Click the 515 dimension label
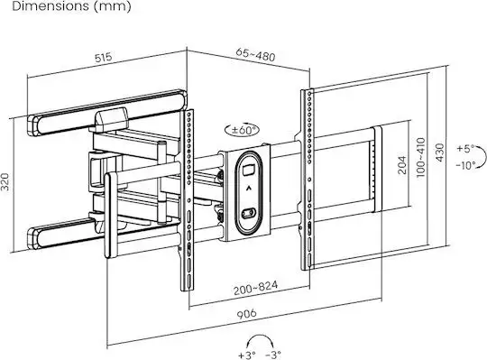click(x=103, y=58)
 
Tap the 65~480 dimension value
click(x=255, y=55)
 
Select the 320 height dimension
click(x=5, y=182)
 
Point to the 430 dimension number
click(x=439, y=152)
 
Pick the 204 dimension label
click(x=402, y=164)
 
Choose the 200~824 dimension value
click(x=255, y=288)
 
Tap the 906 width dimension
click(x=247, y=314)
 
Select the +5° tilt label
click(x=465, y=149)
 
